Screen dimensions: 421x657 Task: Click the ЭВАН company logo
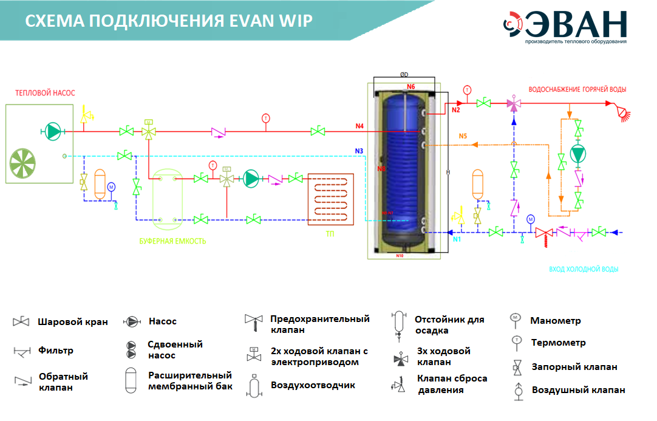pos(565,26)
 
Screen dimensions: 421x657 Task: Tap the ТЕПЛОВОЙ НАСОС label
pos(46,93)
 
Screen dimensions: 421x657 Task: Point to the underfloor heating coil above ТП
pos(331,199)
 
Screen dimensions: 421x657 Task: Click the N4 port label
pos(359,126)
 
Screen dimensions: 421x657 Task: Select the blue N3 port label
pos(359,150)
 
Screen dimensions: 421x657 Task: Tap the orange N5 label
pos(463,136)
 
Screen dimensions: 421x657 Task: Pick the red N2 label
pos(455,110)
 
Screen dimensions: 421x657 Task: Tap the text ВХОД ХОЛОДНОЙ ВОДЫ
pos(587,269)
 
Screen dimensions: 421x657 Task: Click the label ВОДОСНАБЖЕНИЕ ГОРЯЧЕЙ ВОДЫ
pos(577,89)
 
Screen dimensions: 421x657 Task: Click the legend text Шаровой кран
pos(72,322)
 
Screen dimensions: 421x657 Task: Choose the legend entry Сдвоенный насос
pos(175,349)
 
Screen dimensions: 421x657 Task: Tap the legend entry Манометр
pos(555,320)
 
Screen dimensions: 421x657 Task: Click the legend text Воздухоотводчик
pos(312,385)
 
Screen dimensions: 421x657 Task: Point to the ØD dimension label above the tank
pos(404,75)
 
